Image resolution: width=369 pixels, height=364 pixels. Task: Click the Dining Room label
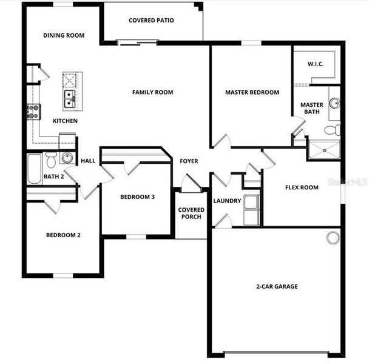[x=64, y=35]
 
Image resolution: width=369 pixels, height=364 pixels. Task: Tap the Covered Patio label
[x=151, y=21]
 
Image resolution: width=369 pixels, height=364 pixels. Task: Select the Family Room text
[x=153, y=92]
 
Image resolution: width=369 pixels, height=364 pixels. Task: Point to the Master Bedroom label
[x=252, y=92]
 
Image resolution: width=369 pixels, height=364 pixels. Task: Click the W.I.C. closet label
[x=315, y=63]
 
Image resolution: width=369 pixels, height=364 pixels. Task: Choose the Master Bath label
[x=312, y=108]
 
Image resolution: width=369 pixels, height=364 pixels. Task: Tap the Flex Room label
[x=302, y=187]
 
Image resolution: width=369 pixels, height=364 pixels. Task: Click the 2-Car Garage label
[x=276, y=286]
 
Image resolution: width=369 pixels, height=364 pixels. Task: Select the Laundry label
[x=227, y=201]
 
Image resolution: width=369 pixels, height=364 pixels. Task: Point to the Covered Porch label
[x=191, y=213]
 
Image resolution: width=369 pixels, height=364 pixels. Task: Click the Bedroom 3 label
[x=137, y=197]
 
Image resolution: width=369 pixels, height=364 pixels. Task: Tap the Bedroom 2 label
[x=64, y=235]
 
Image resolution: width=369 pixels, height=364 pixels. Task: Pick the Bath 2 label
[x=53, y=177]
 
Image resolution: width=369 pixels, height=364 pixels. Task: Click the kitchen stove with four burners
[x=33, y=110]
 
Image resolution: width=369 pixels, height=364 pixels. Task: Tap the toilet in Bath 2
[x=51, y=160]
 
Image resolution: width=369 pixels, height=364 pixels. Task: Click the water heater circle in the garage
[x=333, y=237]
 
